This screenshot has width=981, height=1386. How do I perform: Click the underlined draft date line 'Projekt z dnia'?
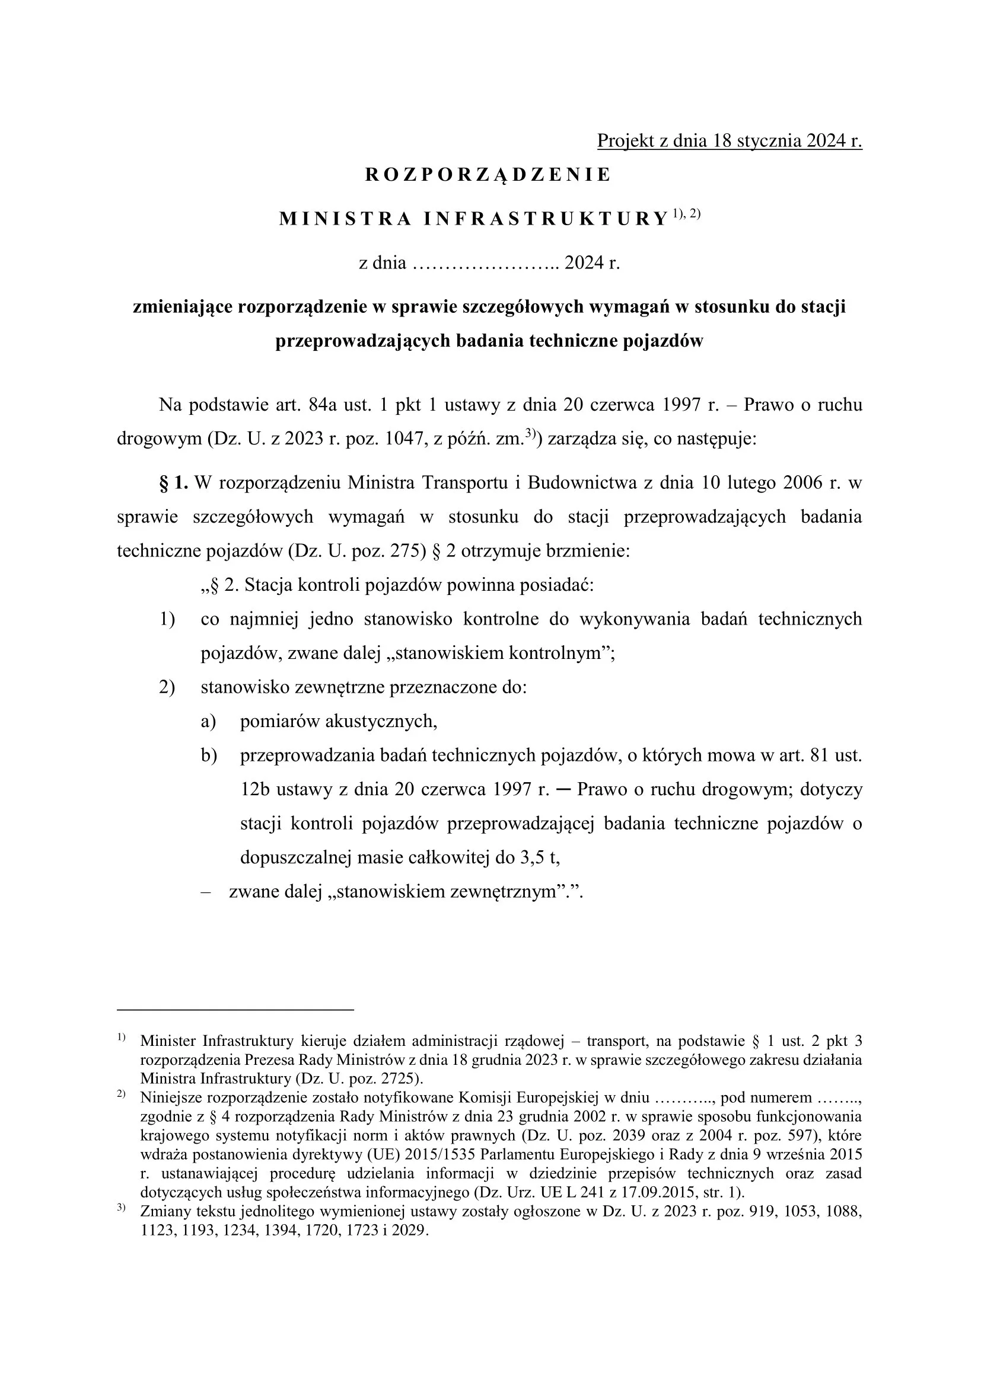(729, 140)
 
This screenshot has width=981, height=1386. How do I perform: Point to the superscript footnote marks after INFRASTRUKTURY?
(686, 214)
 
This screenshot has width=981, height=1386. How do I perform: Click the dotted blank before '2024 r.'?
(485, 264)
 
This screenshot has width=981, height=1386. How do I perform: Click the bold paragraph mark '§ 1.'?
(174, 483)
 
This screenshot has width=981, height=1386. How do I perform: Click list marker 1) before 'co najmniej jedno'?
(167, 619)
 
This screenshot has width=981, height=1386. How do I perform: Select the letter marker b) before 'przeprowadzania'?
(209, 755)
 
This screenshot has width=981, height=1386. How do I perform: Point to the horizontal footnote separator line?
(235, 1009)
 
